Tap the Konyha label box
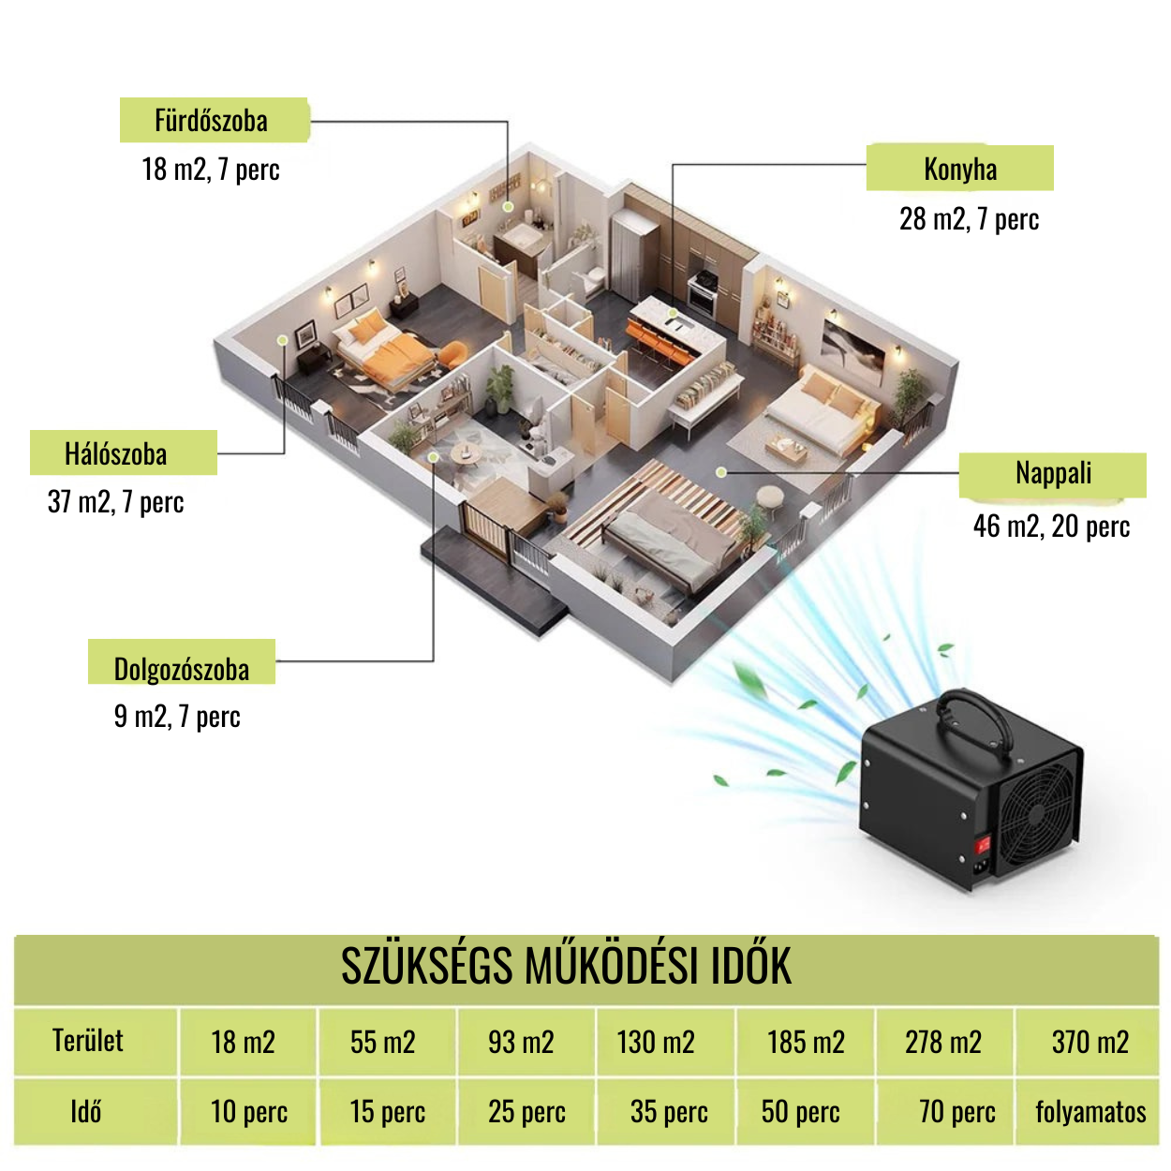coord(959,169)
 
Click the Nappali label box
coord(1052,474)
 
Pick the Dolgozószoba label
coord(182,668)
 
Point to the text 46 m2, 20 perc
coord(1051,526)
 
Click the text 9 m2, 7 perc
coord(177,717)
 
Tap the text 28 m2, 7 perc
coord(969,219)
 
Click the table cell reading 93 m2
coord(521,1042)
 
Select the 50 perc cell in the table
coord(800,1112)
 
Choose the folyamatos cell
coord(1090,1112)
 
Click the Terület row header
coord(88,1041)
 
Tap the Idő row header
coord(85,1112)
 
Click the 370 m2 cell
coord(1089,1042)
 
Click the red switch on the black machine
coord(983,845)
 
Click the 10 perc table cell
coord(248,1112)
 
